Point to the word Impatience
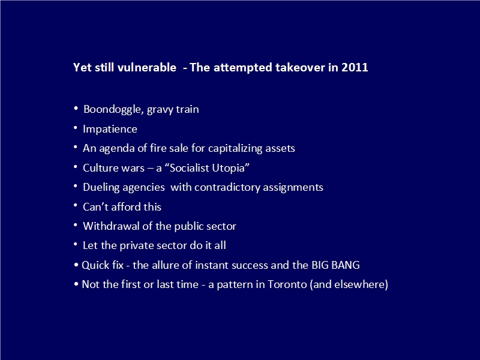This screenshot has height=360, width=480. coord(110,129)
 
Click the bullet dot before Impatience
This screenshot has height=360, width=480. coord(76,127)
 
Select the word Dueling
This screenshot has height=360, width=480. coord(101,187)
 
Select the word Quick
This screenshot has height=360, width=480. coord(93,265)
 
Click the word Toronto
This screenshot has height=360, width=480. coord(287,284)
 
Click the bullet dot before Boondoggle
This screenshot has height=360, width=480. coord(76,108)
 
